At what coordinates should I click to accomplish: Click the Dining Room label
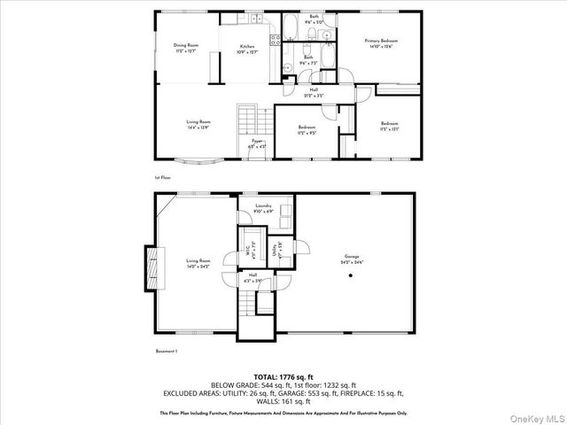point(185,45)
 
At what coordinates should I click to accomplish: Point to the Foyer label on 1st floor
point(257,140)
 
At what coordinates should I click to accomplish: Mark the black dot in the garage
point(351,275)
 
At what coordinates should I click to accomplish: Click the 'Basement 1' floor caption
point(167,352)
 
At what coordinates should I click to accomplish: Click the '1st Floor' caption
point(162,177)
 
